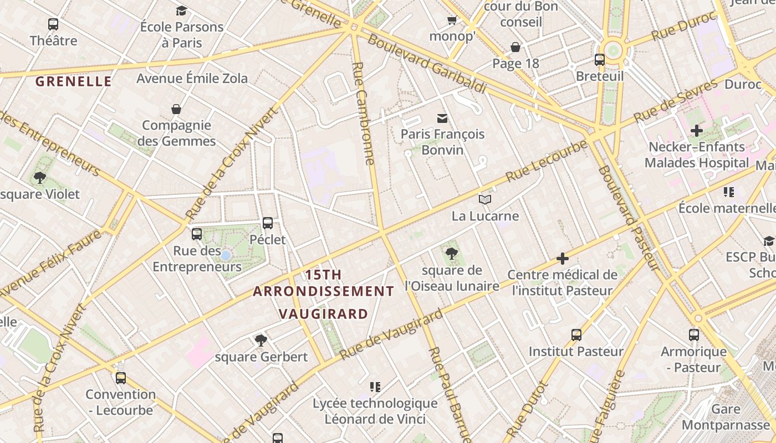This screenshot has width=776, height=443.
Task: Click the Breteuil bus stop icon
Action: click(599, 60)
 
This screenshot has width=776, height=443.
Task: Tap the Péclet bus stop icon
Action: click(268, 223)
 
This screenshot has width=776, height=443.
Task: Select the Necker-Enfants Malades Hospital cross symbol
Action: click(697, 131)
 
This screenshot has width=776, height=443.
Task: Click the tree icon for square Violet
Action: click(39, 178)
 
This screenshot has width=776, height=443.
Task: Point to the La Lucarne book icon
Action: click(485, 199)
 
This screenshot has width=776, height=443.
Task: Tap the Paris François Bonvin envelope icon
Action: click(442, 118)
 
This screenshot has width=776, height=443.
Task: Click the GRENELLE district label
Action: click(74, 81)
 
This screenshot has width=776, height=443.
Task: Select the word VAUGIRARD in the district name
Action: click(323, 314)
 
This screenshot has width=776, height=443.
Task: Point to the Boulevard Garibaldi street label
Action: click(427, 64)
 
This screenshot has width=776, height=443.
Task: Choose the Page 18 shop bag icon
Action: click(515, 47)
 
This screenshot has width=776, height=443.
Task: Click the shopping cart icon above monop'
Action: click(452, 20)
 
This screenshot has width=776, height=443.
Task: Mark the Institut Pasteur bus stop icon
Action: click(576, 335)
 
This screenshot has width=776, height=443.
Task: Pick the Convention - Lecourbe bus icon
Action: click(120, 378)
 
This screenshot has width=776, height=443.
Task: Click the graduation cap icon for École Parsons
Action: click(181, 11)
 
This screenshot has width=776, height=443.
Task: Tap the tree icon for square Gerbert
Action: click(261, 340)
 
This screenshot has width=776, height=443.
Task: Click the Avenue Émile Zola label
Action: click(192, 78)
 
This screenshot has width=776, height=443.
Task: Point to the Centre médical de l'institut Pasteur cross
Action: click(563, 259)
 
